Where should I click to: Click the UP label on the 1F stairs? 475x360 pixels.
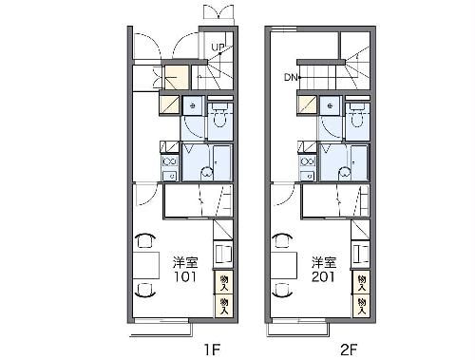click(x=218, y=47)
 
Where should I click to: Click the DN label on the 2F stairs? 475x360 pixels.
click(x=291, y=77)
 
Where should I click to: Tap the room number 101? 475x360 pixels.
click(x=185, y=276)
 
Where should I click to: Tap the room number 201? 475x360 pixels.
click(x=323, y=276)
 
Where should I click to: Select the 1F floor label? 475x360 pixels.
click(x=212, y=350)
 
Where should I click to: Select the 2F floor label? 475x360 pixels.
click(x=349, y=350)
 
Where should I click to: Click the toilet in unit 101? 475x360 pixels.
click(x=219, y=116)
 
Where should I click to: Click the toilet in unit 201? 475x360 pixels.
click(x=357, y=116)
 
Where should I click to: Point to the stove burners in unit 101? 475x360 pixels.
click(x=170, y=161)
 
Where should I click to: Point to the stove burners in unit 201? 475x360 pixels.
click(x=307, y=161)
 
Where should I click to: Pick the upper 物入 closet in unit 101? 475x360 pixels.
click(x=224, y=282)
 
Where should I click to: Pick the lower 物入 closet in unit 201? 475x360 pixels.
click(x=361, y=306)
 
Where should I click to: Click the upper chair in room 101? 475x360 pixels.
click(x=145, y=240)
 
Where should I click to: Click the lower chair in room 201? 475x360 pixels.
click(x=282, y=290)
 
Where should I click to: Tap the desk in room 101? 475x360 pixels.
click(x=145, y=265)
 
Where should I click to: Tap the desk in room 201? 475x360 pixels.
click(x=283, y=265)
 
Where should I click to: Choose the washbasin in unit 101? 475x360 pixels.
click(x=193, y=105)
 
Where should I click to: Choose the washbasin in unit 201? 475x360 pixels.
click(x=330, y=105)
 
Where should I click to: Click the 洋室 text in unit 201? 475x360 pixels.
click(x=324, y=262)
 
